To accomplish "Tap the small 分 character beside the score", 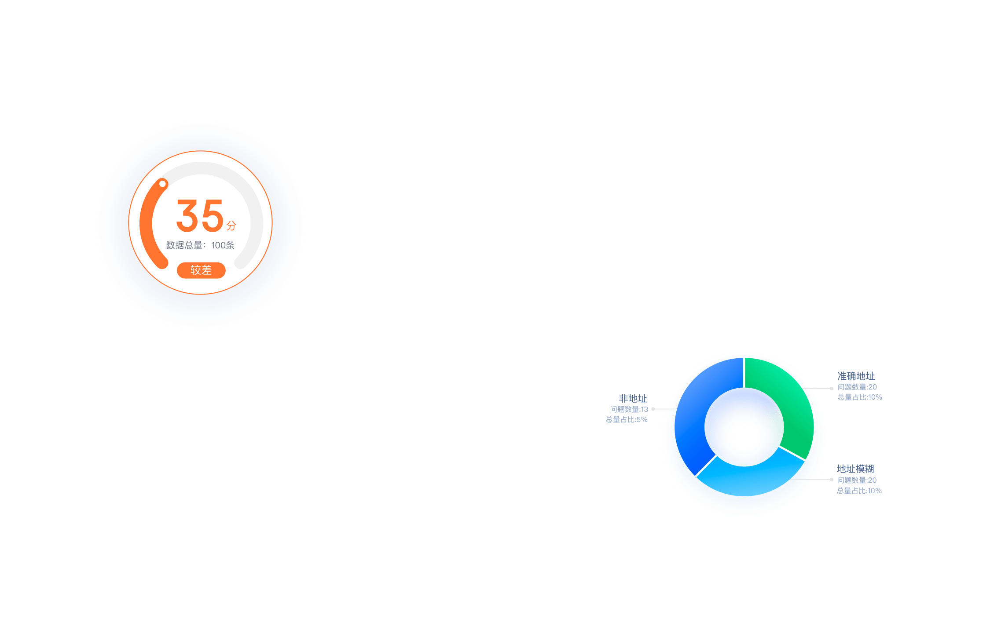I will tap(231, 226).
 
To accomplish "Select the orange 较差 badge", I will tap(201, 270).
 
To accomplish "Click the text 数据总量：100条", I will tap(200, 245).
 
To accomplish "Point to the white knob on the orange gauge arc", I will tap(162, 184).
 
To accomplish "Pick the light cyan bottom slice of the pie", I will tap(748, 479).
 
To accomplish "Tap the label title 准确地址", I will tap(856, 376).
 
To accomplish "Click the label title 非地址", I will tap(632, 399).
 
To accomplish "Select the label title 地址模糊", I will tap(855, 469).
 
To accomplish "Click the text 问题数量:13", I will tap(629, 410).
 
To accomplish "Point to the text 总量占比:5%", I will tap(626, 420).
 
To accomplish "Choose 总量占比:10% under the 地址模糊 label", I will tap(859, 491).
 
